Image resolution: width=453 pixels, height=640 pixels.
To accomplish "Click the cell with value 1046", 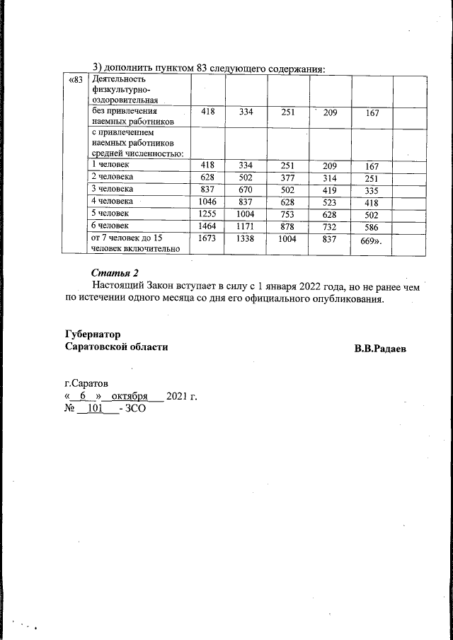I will click(207, 202).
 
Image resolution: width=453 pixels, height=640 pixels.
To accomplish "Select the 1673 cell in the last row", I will click(207, 239).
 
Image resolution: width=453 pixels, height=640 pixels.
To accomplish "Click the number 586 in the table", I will click(372, 228).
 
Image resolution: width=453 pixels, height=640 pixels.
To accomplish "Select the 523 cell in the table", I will click(329, 202).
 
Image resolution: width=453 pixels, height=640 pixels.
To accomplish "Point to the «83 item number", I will click(75, 81).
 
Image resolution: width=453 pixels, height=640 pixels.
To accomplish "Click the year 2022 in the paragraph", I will click(298, 286).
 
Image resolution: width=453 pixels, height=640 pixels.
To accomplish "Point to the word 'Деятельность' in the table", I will click(117, 80).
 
